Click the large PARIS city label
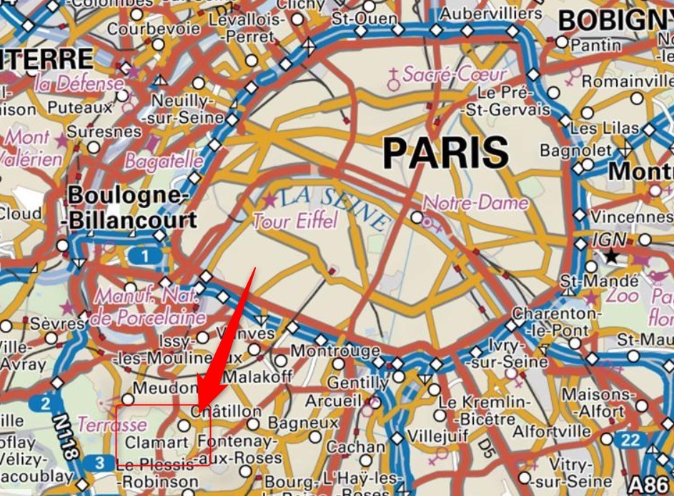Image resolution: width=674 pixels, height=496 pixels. [x=445, y=152]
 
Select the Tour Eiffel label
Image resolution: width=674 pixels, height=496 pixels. [x=294, y=221]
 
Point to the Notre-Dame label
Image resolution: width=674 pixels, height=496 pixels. [x=476, y=203]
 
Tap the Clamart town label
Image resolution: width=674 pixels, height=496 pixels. [x=151, y=442]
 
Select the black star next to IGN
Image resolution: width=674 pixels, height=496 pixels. [x=610, y=255]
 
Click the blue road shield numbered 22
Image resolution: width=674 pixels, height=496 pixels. [x=630, y=440]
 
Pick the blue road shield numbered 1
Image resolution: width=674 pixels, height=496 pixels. [x=146, y=256]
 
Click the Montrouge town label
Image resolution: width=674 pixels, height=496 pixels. [x=334, y=351]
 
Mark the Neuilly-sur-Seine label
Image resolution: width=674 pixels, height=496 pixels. [x=178, y=109]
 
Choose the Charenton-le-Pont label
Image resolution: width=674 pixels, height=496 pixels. [x=551, y=322]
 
